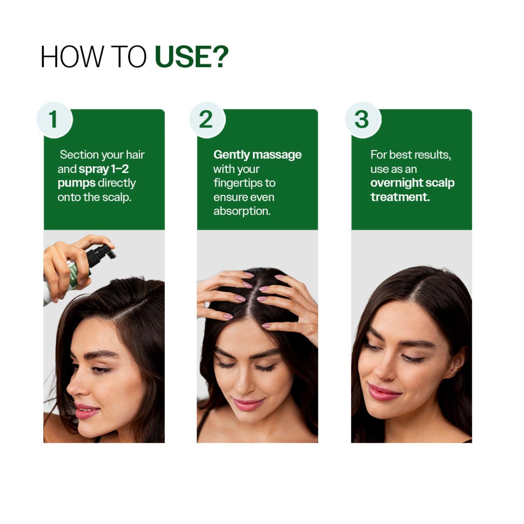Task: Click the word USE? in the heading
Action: coord(191,57)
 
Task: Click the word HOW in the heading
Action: coord(72,57)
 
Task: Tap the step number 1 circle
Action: coord(54,120)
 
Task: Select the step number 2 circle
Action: coord(206,120)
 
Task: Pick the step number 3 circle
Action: coord(362,120)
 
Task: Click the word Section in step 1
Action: coord(79,154)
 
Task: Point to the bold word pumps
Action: coord(76,183)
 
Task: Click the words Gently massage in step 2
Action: coord(257,154)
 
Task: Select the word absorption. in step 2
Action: coord(242,211)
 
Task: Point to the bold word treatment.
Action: coord(400,197)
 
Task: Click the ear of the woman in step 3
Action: coord(458,363)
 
